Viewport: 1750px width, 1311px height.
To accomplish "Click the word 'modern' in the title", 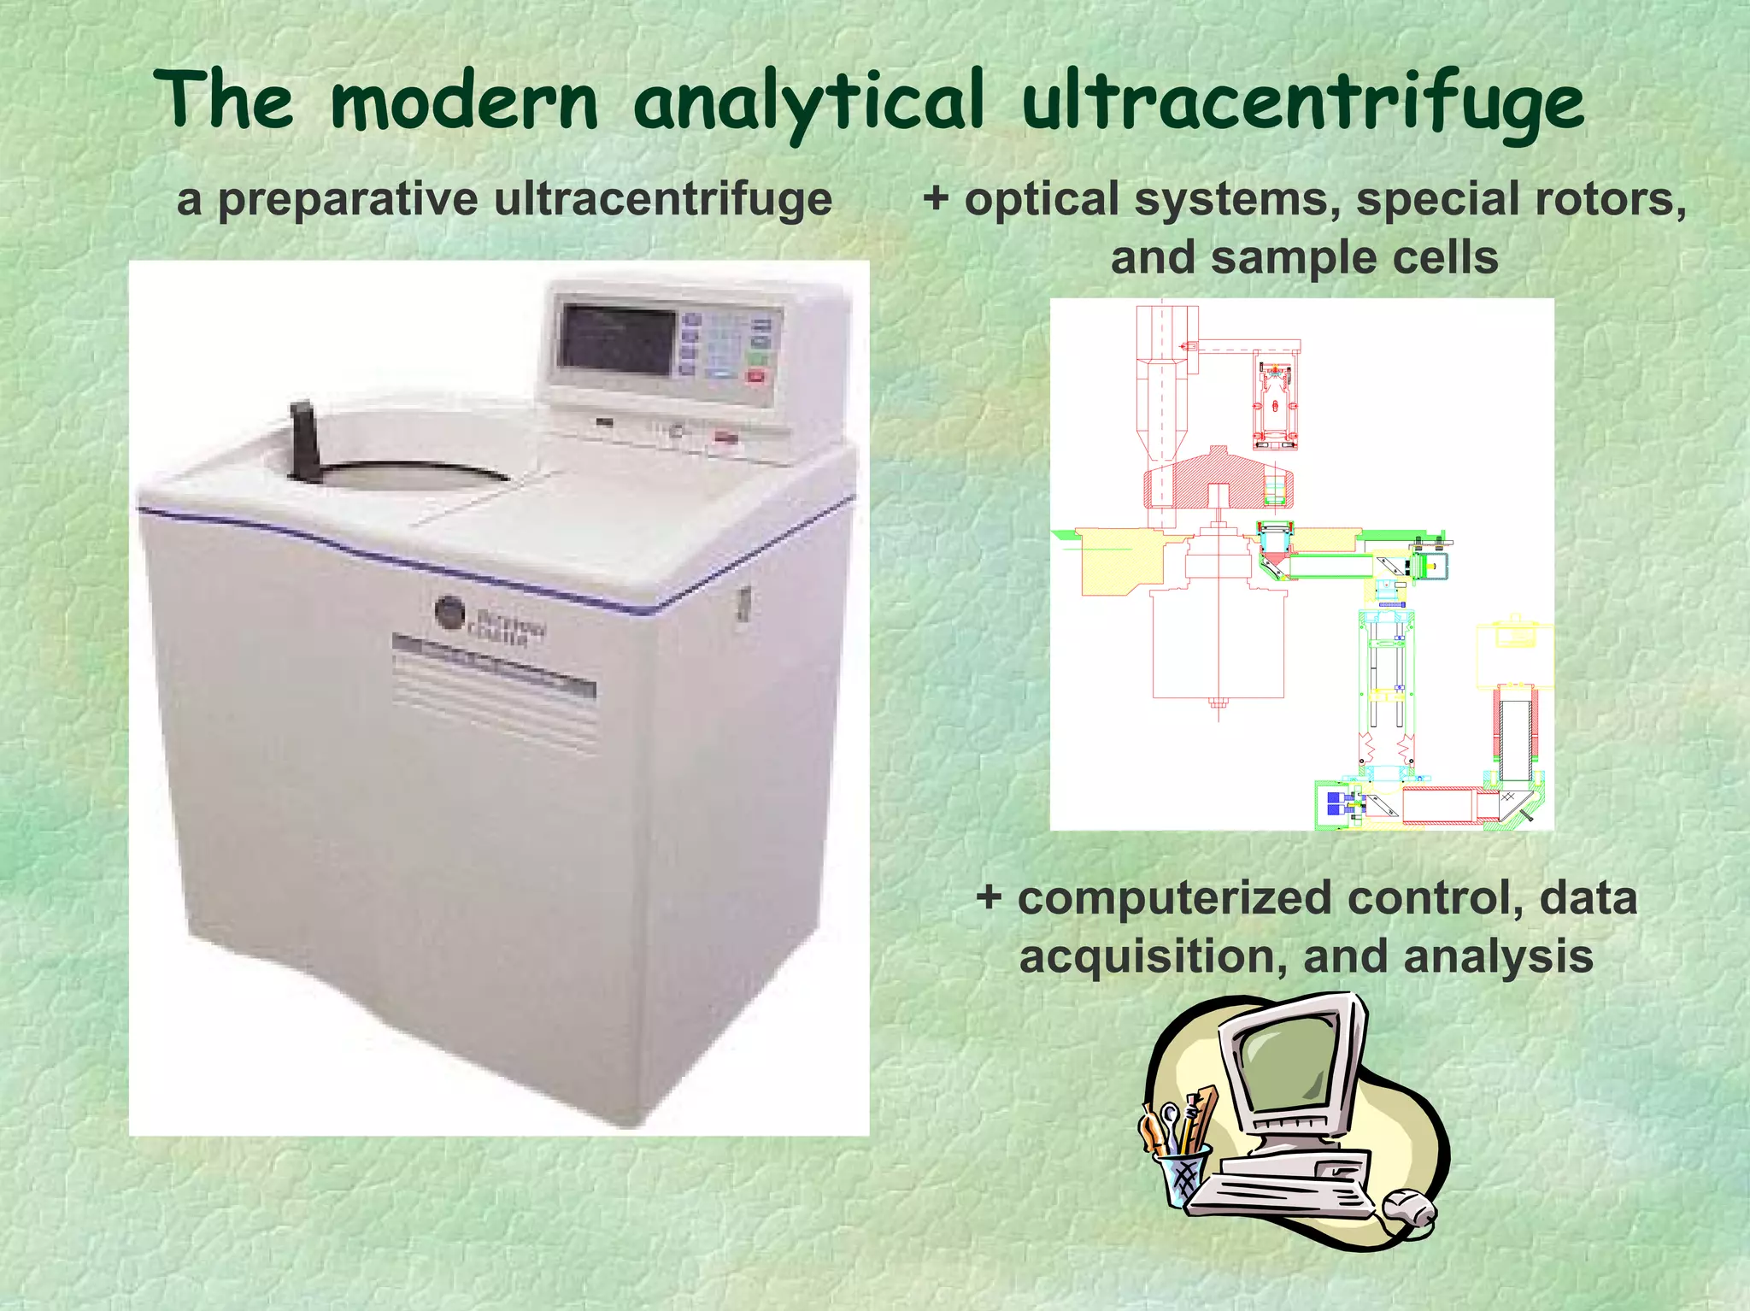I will pyautogui.click(x=464, y=103).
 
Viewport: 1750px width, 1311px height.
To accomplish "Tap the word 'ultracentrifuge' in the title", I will pyautogui.click(x=1302, y=103).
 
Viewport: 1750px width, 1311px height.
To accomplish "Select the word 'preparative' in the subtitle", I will pyautogui.click(x=348, y=200).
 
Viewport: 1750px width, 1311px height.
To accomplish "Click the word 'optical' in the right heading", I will pyautogui.click(x=1042, y=199).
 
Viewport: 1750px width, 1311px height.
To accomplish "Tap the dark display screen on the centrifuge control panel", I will pyautogui.click(x=617, y=340).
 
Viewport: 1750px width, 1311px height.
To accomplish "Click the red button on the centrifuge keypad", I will pyautogui.click(x=755, y=376).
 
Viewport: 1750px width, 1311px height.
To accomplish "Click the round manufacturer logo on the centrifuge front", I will pyautogui.click(x=449, y=612).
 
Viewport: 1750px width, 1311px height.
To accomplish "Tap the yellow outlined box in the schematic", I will pyautogui.click(x=1514, y=656).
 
